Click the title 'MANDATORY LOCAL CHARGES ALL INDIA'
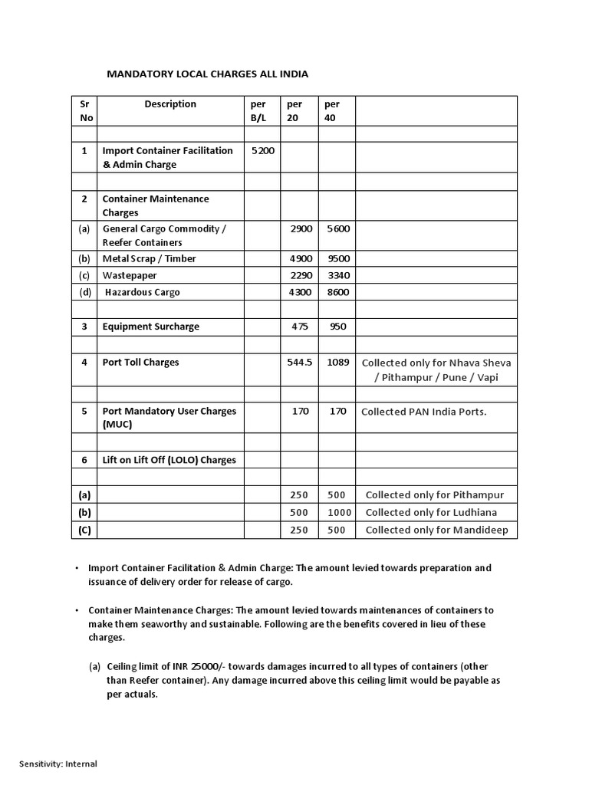click(x=207, y=74)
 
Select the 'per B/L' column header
click(x=258, y=111)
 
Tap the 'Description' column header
click(x=170, y=104)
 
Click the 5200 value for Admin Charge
click(x=263, y=151)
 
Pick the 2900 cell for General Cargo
click(x=301, y=229)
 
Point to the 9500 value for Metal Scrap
click(x=337, y=259)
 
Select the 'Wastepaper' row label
click(x=128, y=276)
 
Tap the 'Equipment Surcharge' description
click(x=150, y=327)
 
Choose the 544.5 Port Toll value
click(x=299, y=363)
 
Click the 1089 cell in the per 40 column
click(x=337, y=363)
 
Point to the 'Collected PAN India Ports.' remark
click(x=423, y=412)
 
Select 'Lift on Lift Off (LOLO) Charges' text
click(x=169, y=461)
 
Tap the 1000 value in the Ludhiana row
click(x=339, y=513)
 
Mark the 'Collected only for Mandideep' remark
click(x=436, y=530)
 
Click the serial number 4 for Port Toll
click(x=84, y=363)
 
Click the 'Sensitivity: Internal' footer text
click(x=58, y=764)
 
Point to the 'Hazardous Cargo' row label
click(x=143, y=293)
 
